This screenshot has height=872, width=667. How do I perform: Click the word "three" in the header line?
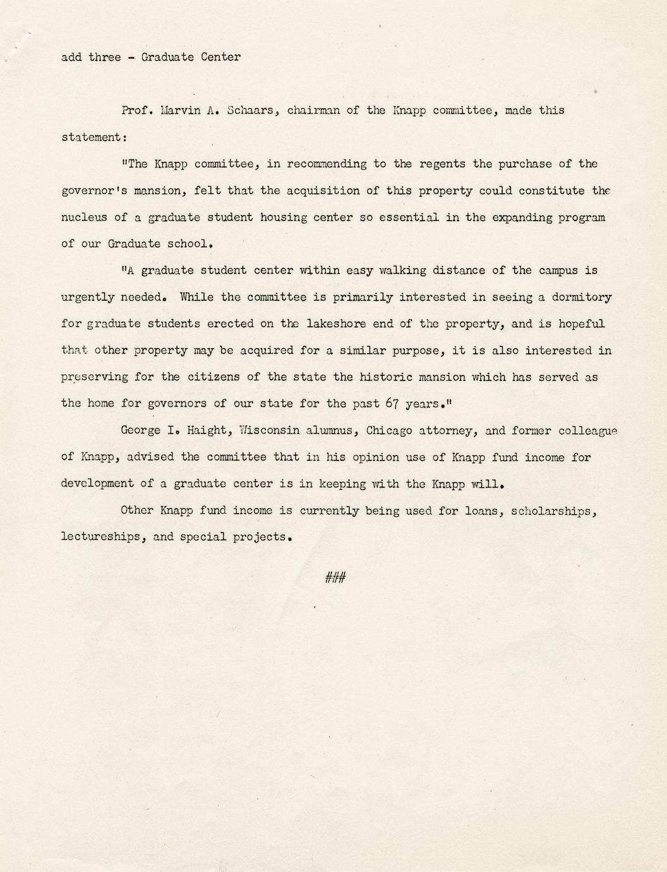click(104, 58)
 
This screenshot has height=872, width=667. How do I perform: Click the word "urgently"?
click(87, 297)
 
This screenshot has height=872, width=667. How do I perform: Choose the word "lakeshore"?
click(336, 324)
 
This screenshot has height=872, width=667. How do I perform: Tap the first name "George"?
click(140, 430)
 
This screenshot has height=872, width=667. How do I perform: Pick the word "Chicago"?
click(389, 430)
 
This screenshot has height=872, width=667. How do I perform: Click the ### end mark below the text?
click(335, 577)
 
